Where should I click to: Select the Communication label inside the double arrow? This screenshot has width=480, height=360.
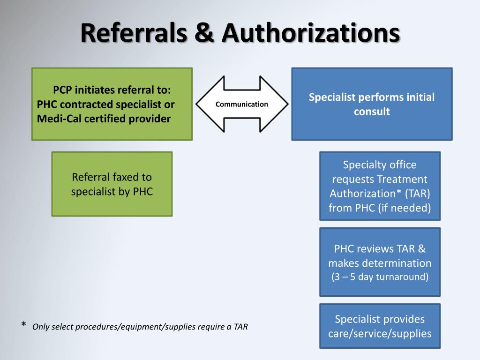(242, 104)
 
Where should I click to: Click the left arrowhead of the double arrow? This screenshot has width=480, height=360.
(206, 104)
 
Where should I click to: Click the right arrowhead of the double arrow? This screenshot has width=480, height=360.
(277, 104)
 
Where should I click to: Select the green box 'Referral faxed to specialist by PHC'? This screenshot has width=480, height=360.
(112, 184)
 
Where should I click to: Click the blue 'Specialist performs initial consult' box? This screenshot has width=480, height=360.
(372, 104)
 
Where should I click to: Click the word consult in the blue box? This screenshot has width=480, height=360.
(372, 112)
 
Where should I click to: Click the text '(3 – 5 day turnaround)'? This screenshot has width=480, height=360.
(380, 277)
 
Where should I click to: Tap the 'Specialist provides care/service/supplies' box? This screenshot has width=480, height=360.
(380, 326)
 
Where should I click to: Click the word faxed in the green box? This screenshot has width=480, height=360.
(126, 177)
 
